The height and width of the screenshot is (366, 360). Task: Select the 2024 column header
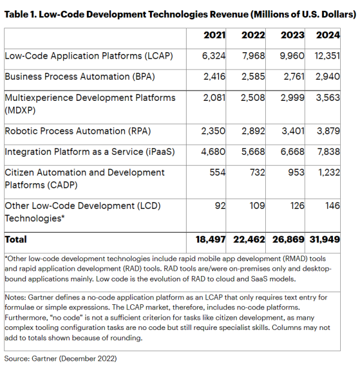pyautogui.click(x=328, y=35)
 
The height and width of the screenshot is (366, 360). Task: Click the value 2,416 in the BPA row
pyautogui.click(x=214, y=77)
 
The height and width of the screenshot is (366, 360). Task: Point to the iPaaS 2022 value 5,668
pyautogui.click(x=253, y=152)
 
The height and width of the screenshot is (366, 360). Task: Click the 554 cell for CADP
pyautogui.click(x=218, y=172)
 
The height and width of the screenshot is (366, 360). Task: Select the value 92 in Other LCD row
pyautogui.click(x=221, y=206)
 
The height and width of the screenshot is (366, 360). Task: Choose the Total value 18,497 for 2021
pyautogui.click(x=210, y=239)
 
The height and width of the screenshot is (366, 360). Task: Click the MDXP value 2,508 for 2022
pyautogui.click(x=253, y=98)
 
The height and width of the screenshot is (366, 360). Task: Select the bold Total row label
pyautogui.click(x=16, y=239)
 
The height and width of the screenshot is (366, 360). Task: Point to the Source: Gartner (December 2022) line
pyautogui.click(x=60, y=358)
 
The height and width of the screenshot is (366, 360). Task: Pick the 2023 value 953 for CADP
pyautogui.click(x=295, y=172)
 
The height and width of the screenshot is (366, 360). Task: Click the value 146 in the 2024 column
pyautogui.click(x=332, y=206)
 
